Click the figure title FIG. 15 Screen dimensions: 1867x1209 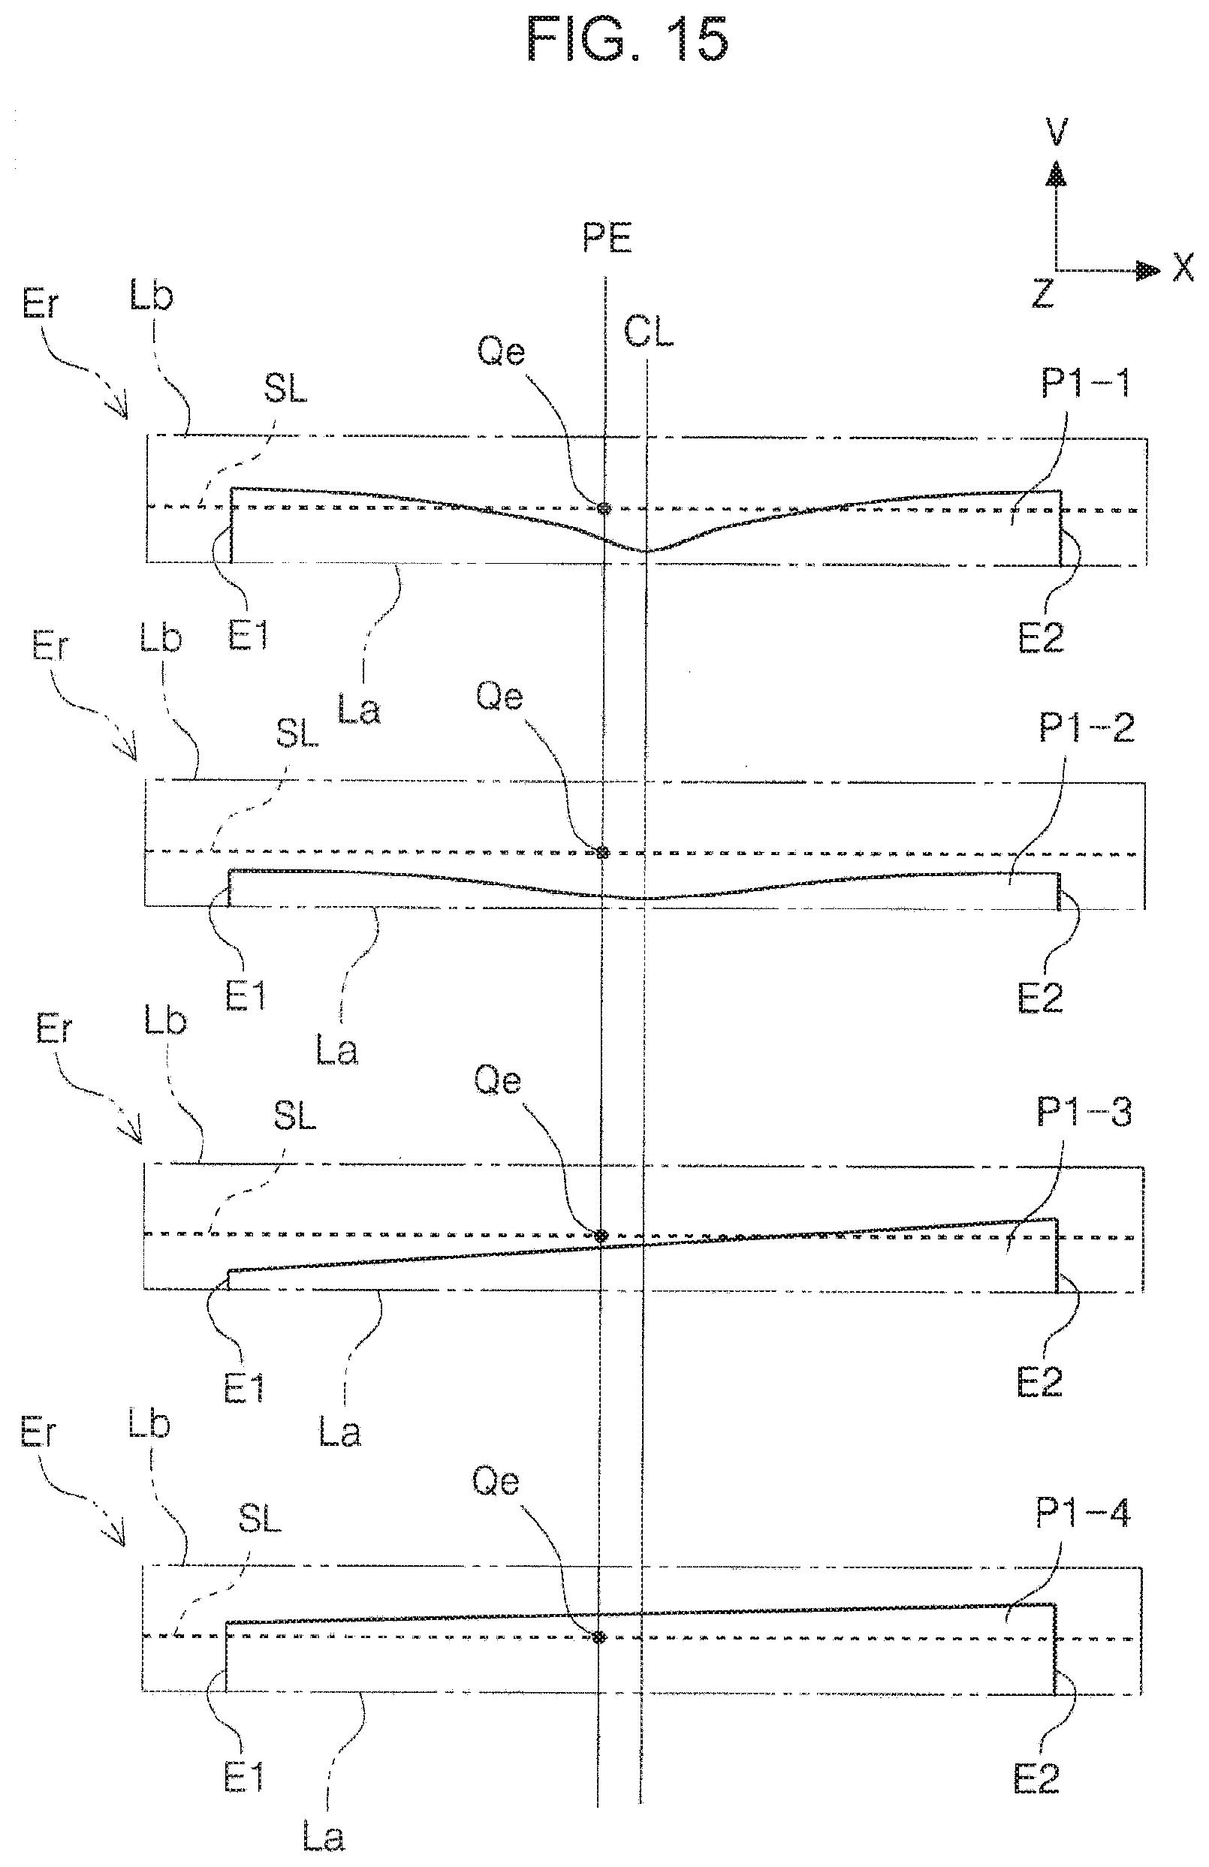pyautogui.click(x=628, y=39)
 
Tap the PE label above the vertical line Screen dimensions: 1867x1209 pyautogui.click(x=608, y=238)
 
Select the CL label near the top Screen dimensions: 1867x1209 pyautogui.click(x=649, y=333)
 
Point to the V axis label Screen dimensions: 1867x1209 pyautogui.click(x=1057, y=132)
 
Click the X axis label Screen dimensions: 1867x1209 pyautogui.click(x=1183, y=267)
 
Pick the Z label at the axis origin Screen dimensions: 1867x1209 pyautogui.click(x=1042, y=293)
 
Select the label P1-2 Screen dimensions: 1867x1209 pyautogui.click(x=1087, y=728)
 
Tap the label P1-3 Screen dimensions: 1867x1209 pyautogui.click(x=1084, y=1112)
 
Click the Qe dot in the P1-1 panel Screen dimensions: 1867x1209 pyautogui.click(x=604, y=508)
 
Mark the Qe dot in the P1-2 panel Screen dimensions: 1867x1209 pyautogui.click(x=602, y=852)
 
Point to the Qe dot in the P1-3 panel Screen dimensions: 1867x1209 pyautogui.click(x=601, y=1236)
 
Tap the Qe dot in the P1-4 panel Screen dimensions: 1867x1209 pyautogui.click(x=599, y=1637)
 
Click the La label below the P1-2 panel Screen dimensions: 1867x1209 pyautogui.click(x=337, y=1050)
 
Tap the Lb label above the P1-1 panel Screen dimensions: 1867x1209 pyautogui.click(x=152, y=297)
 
